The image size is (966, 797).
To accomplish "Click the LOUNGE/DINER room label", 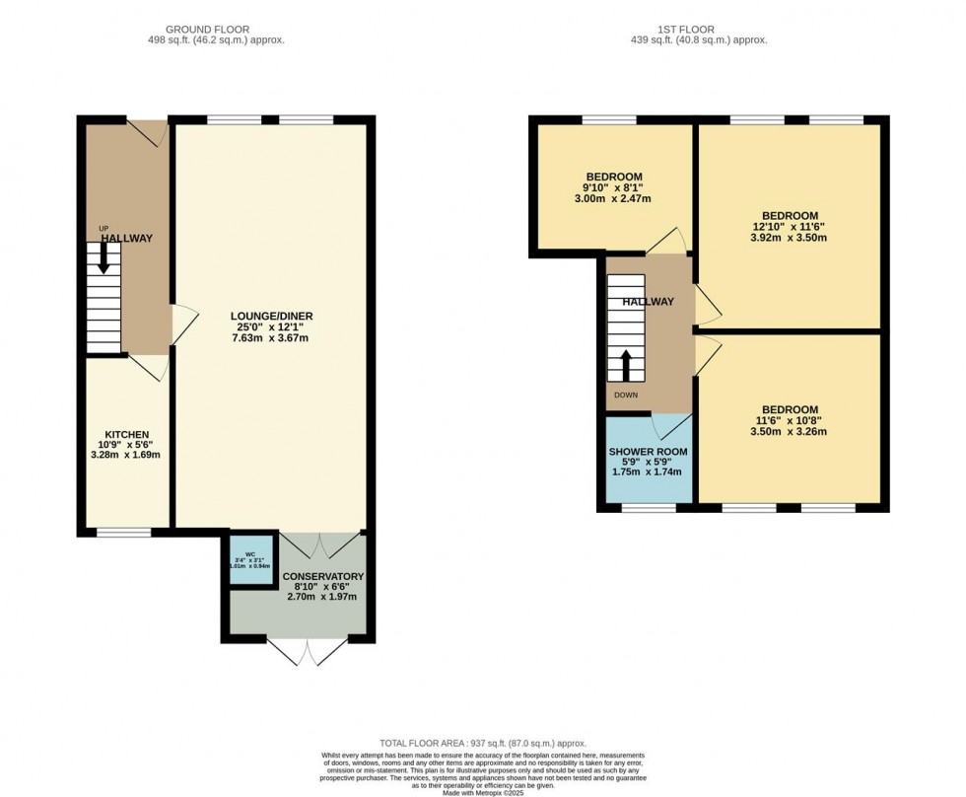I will tap(271, 316).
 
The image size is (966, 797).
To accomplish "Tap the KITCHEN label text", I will tap(127, 434).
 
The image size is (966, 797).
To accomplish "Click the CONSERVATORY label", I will tap(323, 576).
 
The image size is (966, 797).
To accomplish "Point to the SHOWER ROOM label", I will tap(649, 452).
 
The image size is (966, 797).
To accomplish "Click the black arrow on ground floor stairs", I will tap(103, 258).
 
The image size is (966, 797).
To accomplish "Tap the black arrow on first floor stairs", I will tap(626, 365).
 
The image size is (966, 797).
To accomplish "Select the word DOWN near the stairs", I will tap(626, 396).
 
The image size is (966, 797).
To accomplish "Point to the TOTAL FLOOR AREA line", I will tap(483, 742).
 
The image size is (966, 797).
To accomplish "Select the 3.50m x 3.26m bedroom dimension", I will tap(789, 431).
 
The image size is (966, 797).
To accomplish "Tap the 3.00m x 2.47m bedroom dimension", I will tap(613, 198).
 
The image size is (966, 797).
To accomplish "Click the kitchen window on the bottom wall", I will tap(123, 532).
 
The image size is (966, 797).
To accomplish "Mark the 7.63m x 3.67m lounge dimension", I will tap(271, 338).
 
